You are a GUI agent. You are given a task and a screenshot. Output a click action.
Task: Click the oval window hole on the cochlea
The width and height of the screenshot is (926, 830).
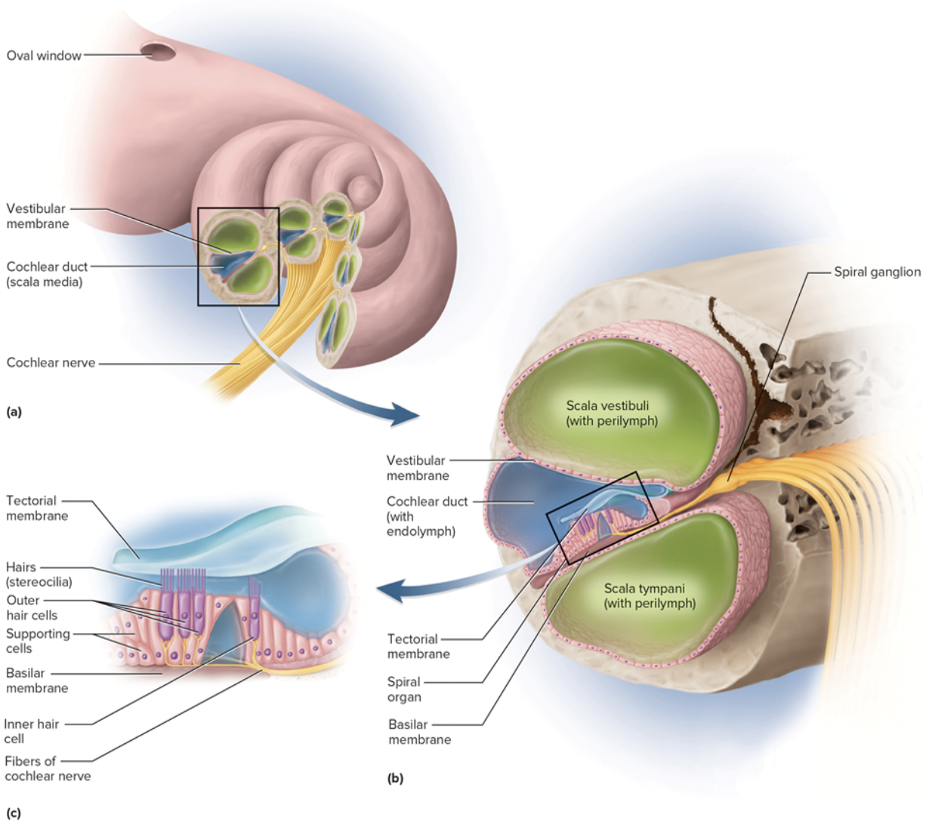tap(159, 52)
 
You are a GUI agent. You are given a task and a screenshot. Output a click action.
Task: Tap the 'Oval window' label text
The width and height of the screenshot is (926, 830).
tap(44, 56)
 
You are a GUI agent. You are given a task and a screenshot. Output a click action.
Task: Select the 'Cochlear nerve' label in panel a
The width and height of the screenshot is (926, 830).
tap(51, 363)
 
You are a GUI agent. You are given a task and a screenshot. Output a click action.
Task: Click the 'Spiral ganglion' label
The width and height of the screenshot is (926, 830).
tap(877, 272)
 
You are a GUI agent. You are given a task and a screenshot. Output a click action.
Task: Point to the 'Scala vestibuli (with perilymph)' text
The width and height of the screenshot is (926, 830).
tap(611, 413)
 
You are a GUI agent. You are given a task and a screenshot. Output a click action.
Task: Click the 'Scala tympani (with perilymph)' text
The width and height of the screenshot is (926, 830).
tap(649, 595)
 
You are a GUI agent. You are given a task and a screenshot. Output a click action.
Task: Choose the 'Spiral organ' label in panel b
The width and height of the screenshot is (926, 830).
tap(404, 690)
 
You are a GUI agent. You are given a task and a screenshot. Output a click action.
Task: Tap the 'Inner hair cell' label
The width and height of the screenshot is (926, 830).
tap(31, 731)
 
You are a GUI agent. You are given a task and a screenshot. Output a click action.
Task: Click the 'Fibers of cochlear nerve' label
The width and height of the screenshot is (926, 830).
tap(47, 768)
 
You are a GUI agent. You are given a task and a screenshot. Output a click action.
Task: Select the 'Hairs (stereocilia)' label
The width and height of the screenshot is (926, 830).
tap(39, 574)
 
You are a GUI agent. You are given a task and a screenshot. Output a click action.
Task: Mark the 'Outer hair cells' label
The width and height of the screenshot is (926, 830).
tap(31, 607)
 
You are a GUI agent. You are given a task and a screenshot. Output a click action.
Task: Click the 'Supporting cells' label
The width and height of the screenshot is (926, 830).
tap(37, 641)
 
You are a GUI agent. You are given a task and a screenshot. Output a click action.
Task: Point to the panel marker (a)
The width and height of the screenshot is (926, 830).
tap(14, 412)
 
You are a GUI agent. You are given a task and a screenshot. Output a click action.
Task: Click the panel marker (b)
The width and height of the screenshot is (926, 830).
tap(395, 778)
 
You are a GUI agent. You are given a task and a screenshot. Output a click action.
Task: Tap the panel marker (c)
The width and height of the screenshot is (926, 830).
tap(14, 813)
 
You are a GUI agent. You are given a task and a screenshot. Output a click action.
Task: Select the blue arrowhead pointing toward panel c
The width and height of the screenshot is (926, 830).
tap(390, 590)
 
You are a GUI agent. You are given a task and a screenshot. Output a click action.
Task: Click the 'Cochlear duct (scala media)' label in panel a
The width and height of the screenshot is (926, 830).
tap(46, 274)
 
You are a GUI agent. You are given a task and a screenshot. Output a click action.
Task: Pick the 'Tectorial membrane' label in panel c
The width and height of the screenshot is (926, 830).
tap(36, 508)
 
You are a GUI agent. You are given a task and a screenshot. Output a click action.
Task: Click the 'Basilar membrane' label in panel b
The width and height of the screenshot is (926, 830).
tap(419, 732)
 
